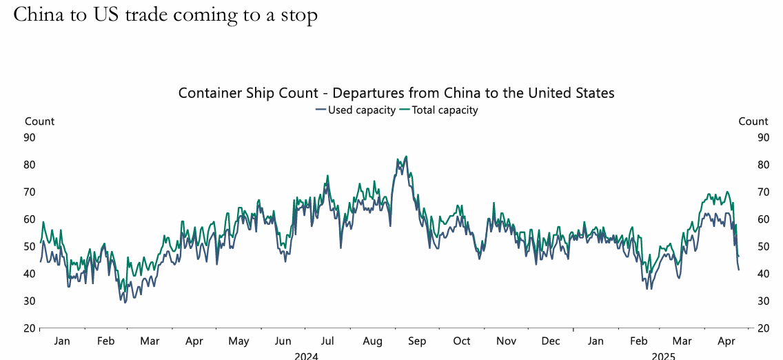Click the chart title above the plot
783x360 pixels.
click(x=396, y=92)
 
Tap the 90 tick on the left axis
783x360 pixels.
click(x=30, y=137)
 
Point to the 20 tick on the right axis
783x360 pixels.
click(x=763, y=328)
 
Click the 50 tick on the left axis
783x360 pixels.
click(x=30, y=246)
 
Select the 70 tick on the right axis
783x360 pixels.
click(x=763, y=192)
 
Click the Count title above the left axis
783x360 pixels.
click(x=39, y=121)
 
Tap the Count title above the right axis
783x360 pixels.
click(x=753, y=121)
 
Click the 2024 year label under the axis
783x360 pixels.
click(x=306, y=356)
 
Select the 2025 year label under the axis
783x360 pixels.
click(x=663, y=356)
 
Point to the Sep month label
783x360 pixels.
click(x=417, y=341)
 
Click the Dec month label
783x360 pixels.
click(x=551, y=341)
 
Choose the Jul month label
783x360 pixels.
click(x=327, y=341)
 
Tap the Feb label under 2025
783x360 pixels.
click(x=639, y=341)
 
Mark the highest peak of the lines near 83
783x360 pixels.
click(x=406, y=157)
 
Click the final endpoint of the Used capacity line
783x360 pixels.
click(x=739, y=270)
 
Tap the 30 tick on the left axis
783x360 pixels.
click(x=30, y=301)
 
